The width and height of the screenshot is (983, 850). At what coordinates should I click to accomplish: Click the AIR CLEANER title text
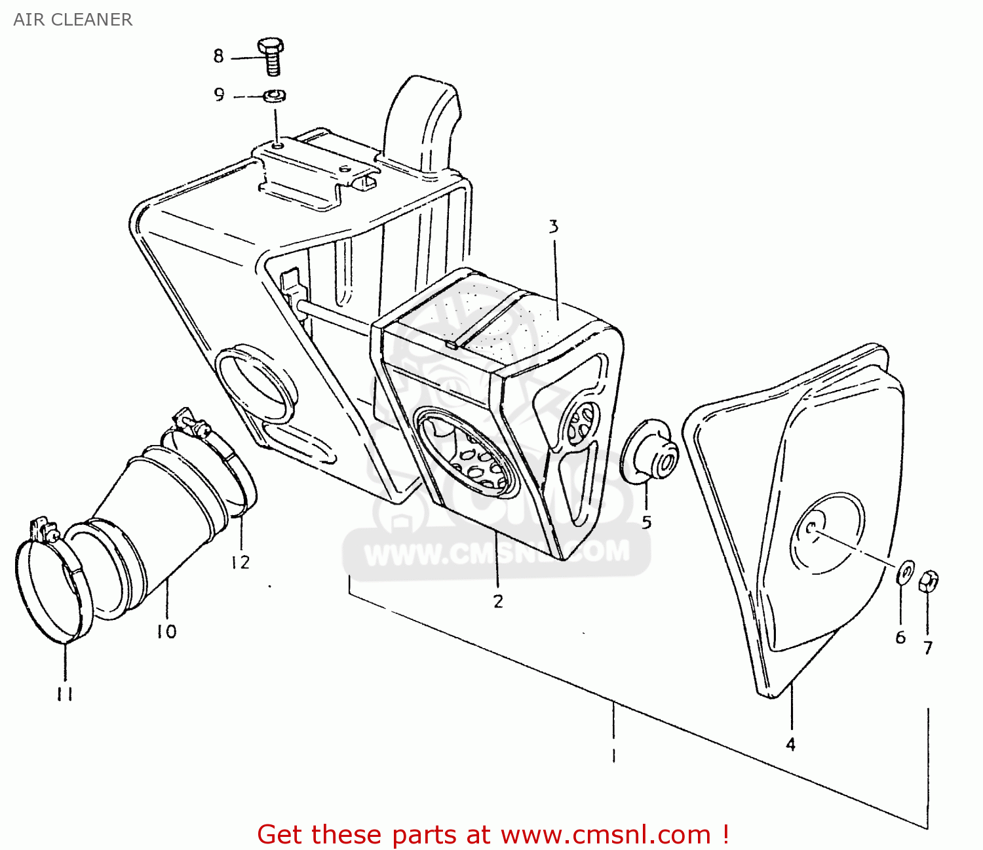(73, 20)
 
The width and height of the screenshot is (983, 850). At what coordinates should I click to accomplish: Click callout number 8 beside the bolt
(218, 56)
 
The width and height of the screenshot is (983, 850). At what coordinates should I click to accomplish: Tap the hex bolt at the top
(271, 56)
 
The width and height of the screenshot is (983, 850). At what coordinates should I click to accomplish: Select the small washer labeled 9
(275, 96)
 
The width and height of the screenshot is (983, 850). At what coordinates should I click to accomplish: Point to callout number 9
(220, 95)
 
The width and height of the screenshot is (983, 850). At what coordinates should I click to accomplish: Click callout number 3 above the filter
(554, 227)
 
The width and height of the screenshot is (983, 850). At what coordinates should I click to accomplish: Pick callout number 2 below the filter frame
(498, 601)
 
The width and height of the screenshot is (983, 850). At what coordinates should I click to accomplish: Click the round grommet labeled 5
(649, 452)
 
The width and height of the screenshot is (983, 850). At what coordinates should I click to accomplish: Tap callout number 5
(647, 522)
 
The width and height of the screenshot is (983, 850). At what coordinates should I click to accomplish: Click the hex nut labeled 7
(929, 581)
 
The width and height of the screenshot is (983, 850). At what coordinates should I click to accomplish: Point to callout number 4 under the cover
(791, 744)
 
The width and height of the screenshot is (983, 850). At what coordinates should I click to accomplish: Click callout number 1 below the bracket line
(613, 756)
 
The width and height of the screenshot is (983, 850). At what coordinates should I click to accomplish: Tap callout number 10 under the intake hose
(166, 631)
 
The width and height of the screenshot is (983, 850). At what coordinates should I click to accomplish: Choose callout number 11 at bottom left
(64, 694)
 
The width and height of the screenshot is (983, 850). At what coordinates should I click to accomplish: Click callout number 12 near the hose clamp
(240, 562)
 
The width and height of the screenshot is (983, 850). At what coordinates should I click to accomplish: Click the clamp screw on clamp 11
(41, 528)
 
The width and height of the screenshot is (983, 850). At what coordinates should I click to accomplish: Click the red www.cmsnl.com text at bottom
(606, 835)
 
